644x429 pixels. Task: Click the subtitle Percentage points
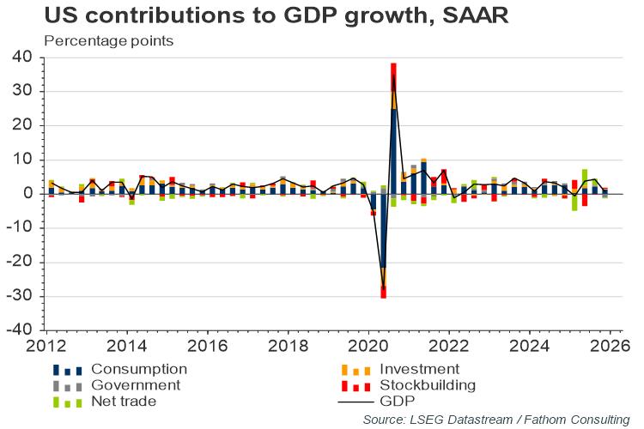[108, 40]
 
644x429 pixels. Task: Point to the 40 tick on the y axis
[24, 57]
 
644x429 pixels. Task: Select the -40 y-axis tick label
[21, 330]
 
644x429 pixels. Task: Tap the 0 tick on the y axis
[28, 194]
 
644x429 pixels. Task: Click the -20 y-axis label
[21, 262]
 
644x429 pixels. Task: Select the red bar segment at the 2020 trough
[383, 293]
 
